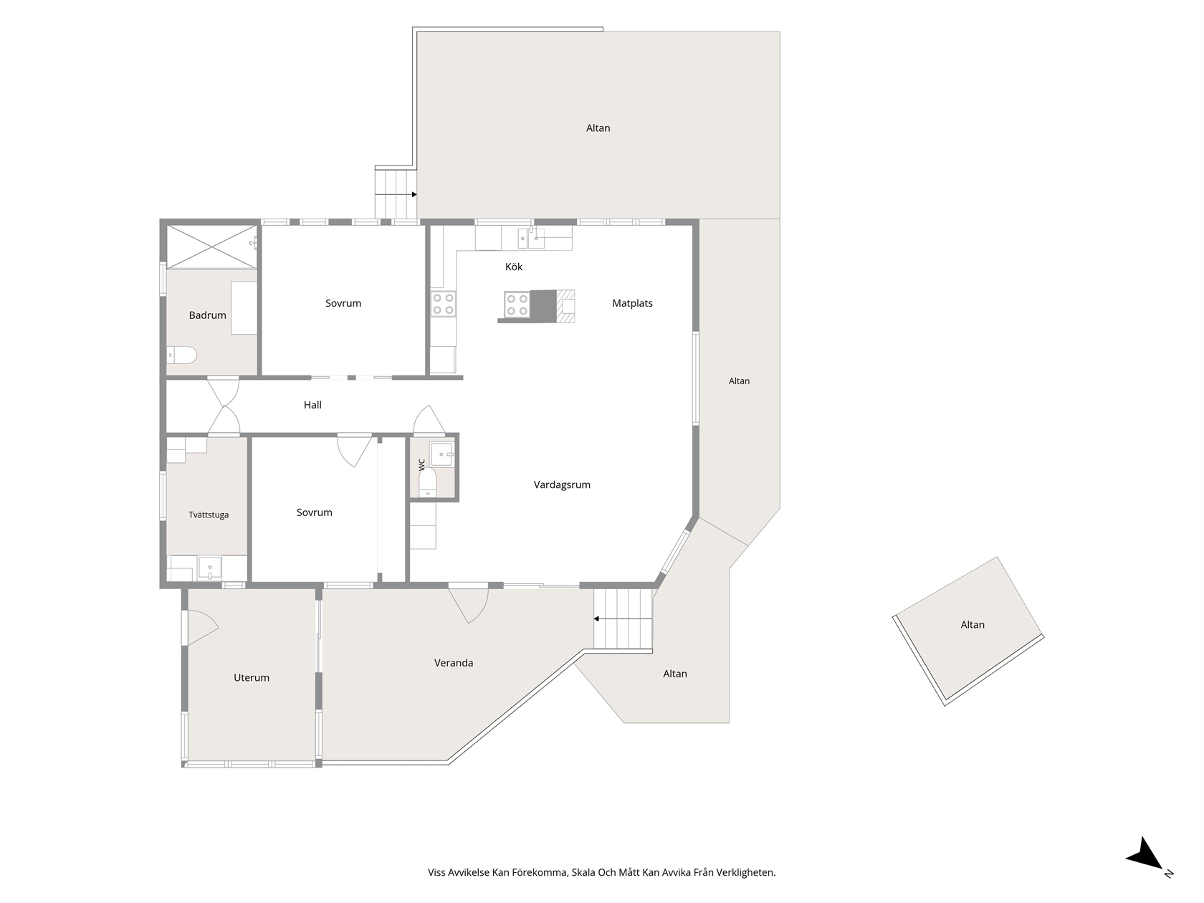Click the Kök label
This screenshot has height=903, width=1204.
click(x=513, y=267)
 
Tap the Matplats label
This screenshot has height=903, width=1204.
click(x=632, y=303)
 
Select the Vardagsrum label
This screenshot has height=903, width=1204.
click(x=562, y=484)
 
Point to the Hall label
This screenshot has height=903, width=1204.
click(x=312, y=405)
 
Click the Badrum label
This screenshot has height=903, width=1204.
click(x=207, y=315)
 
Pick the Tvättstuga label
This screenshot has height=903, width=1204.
click(x=209, y=515)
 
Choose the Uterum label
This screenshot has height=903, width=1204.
click(x=252, y=678)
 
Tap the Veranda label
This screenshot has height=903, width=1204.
click(x=454, y=663)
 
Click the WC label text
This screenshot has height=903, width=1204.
click(x=422, y=464)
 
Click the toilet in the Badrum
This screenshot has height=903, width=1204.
click(x=181, y=355)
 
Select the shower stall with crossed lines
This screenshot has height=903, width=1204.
click(x=211, y=247)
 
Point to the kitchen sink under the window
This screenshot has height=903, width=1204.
click(x=530, y=236)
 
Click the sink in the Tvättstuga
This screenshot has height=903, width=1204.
click(x=209, y=568)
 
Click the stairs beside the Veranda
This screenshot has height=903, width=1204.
click(x=623, y=619)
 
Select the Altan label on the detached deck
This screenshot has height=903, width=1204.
click(x=973, y=624)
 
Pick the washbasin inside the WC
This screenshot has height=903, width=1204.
click(x=442, y=454)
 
